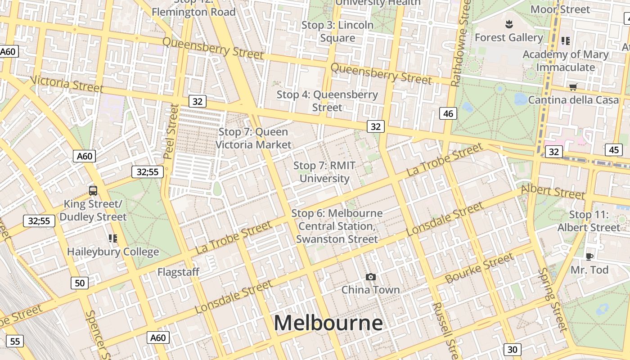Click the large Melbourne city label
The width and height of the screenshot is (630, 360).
328,323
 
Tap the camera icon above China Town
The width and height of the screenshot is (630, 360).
370,277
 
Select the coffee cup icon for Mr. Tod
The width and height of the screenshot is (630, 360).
589,256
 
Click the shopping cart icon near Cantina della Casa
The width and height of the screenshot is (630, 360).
573,87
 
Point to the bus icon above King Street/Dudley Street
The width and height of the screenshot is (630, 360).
93,190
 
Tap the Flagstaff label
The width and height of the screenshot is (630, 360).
178,272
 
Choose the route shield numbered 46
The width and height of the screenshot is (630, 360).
448,113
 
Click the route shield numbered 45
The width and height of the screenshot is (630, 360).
614,150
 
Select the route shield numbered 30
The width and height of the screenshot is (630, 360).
512,349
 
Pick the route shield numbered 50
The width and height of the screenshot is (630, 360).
80,283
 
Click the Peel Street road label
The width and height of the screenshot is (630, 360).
172,131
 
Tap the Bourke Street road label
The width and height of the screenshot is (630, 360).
479,268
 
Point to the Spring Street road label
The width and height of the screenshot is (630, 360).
553,299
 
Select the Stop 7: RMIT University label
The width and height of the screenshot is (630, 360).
324,172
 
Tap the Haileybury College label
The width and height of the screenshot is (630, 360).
113,252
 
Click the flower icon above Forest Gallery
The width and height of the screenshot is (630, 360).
509,23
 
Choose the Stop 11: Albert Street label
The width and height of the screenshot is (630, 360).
589,221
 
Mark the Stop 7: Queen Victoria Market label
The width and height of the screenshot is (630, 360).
253,138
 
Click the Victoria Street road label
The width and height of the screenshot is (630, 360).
67,84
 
